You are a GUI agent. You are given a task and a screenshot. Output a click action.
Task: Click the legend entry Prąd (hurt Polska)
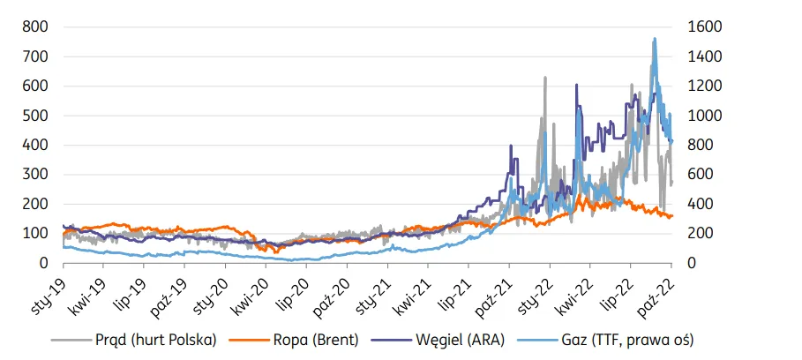[134, 340]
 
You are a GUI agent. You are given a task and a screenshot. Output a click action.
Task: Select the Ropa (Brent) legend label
[294, 340]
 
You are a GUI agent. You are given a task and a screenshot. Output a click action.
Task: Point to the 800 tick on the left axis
[35, 27]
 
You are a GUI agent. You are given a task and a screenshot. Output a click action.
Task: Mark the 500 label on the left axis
[35, 116]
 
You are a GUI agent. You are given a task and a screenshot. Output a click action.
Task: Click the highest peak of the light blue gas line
[655, 38]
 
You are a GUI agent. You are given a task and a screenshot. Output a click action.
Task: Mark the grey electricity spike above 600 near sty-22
[545, 78]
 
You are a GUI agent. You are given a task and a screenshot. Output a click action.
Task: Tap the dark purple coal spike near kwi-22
[576, 85]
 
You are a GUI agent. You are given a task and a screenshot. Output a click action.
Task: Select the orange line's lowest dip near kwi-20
[275, 252]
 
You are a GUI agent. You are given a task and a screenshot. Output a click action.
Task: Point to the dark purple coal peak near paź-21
[511, 146]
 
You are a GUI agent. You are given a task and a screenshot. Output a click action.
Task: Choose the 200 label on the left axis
[35, 205]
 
